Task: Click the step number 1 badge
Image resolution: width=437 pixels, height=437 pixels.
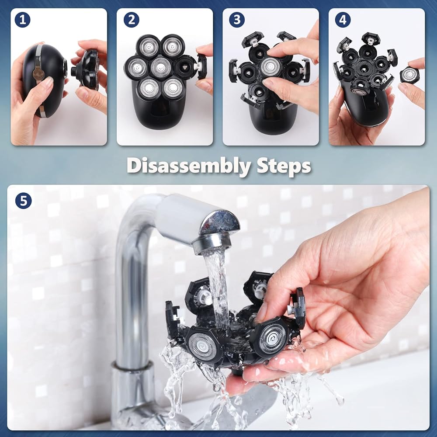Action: (22, 20)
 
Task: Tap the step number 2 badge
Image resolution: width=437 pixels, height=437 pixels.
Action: (131, 20)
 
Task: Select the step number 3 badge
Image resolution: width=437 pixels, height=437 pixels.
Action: (237, 20)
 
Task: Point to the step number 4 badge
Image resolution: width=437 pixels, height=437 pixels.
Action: (343, 20)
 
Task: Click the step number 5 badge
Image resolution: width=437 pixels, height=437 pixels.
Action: (24, 201)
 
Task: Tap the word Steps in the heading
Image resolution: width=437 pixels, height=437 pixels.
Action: (284, 166)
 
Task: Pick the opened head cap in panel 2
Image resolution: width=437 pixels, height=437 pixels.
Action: (202, 66)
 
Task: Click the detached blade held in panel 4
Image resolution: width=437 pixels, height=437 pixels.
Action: (409, 75)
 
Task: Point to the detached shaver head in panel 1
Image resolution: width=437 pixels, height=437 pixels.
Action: (85, 69)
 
